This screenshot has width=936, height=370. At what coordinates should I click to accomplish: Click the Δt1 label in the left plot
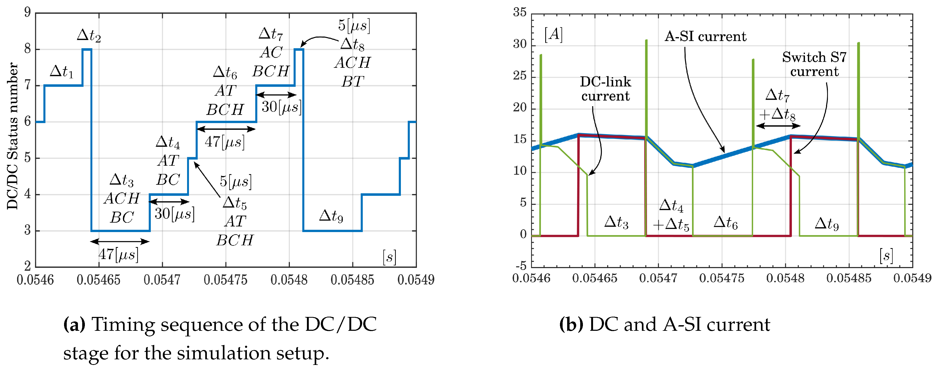(61, 71)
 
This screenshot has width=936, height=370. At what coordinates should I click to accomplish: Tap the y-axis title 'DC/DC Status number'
(13, 136)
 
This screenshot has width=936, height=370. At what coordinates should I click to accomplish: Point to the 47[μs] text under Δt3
(119, 254)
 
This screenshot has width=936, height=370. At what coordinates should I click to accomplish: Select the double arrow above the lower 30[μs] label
(169, 201)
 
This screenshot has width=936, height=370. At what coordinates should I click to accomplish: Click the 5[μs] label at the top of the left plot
(354, 25)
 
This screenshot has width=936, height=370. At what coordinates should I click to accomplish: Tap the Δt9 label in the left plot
(331, 216)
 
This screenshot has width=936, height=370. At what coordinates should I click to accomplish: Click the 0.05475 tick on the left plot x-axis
(225, 280)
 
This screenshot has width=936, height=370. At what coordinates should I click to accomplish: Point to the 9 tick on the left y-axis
(27, 13)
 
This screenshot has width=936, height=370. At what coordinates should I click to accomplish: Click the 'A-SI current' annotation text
(705, 36)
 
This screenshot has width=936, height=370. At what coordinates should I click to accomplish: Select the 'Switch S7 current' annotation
(814, 64)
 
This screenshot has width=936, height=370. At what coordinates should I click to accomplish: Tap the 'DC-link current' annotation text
(605, 89)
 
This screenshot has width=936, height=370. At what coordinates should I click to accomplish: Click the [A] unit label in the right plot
(553, 34)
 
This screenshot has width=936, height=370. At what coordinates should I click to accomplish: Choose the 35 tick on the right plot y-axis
(520, 13)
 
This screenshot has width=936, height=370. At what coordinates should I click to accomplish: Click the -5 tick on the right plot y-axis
(521, 266)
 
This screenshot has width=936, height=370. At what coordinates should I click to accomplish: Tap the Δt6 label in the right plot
(725, 222)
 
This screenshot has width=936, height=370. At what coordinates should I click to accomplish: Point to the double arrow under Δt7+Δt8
(778, 126)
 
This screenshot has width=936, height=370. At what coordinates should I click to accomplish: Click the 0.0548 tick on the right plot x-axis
(785, 279)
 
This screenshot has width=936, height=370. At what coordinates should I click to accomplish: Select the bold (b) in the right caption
(571, 324)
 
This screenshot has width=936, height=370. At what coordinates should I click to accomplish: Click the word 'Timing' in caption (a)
(122, 324)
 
